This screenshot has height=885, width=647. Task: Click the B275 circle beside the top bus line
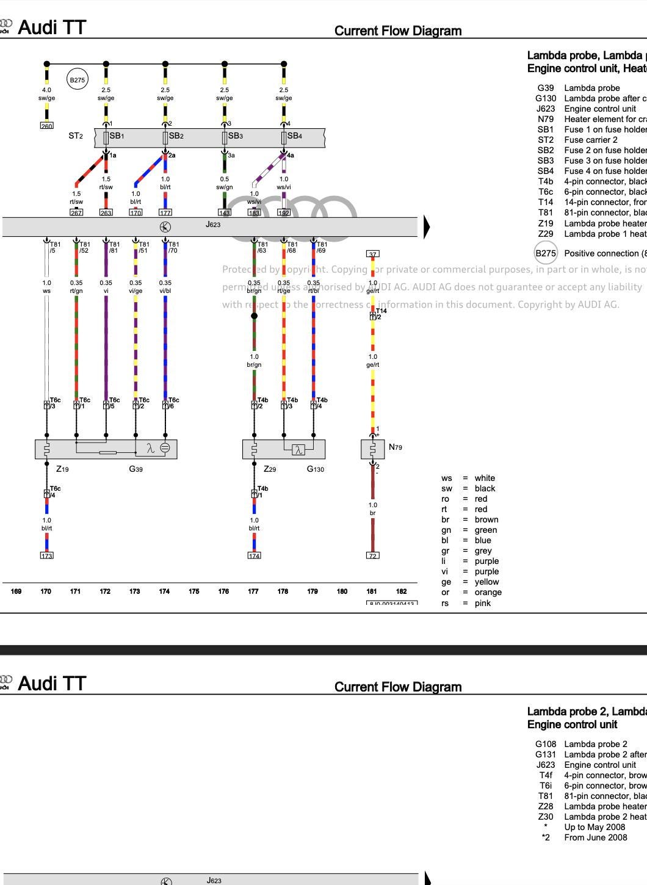77,79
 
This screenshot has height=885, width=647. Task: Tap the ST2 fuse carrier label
75,136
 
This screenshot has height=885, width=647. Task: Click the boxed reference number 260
46,126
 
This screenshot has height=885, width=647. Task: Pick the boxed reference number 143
225,212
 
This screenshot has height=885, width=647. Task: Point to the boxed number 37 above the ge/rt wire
372,253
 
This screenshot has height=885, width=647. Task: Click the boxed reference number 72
372,555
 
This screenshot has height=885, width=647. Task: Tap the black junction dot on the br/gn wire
254,316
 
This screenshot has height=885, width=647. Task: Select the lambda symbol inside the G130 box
298,450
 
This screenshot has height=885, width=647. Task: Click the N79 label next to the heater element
396,447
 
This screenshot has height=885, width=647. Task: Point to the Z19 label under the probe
62,469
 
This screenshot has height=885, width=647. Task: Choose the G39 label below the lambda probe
136,469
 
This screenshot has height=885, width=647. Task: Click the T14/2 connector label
380,314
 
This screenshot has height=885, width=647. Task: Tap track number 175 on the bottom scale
194,591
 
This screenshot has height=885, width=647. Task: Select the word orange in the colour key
488,592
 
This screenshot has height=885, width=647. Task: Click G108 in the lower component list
546,744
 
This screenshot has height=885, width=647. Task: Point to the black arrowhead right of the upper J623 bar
427,226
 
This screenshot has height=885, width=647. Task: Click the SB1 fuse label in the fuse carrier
117,136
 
